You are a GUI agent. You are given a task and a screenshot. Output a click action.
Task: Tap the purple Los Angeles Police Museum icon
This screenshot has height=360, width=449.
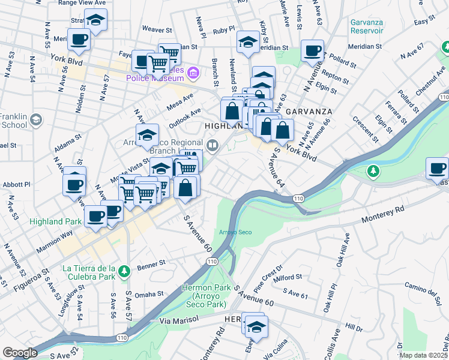coord(193,74)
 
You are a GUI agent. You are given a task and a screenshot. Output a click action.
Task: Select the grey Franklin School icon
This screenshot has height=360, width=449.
coord(37,119)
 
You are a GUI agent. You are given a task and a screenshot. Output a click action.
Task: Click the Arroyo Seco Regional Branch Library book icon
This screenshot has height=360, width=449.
coord(212,145)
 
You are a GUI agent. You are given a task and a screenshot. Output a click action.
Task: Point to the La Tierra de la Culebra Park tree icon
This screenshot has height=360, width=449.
coord(124,271)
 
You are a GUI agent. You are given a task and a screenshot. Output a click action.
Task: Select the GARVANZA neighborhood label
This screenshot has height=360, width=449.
coord(308,112)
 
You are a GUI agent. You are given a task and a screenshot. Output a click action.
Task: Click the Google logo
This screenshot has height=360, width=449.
coord(20,353)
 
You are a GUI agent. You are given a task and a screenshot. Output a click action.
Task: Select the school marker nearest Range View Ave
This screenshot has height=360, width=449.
coord(95,20)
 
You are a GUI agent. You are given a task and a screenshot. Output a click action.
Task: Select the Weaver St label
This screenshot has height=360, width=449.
coord(157,28)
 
